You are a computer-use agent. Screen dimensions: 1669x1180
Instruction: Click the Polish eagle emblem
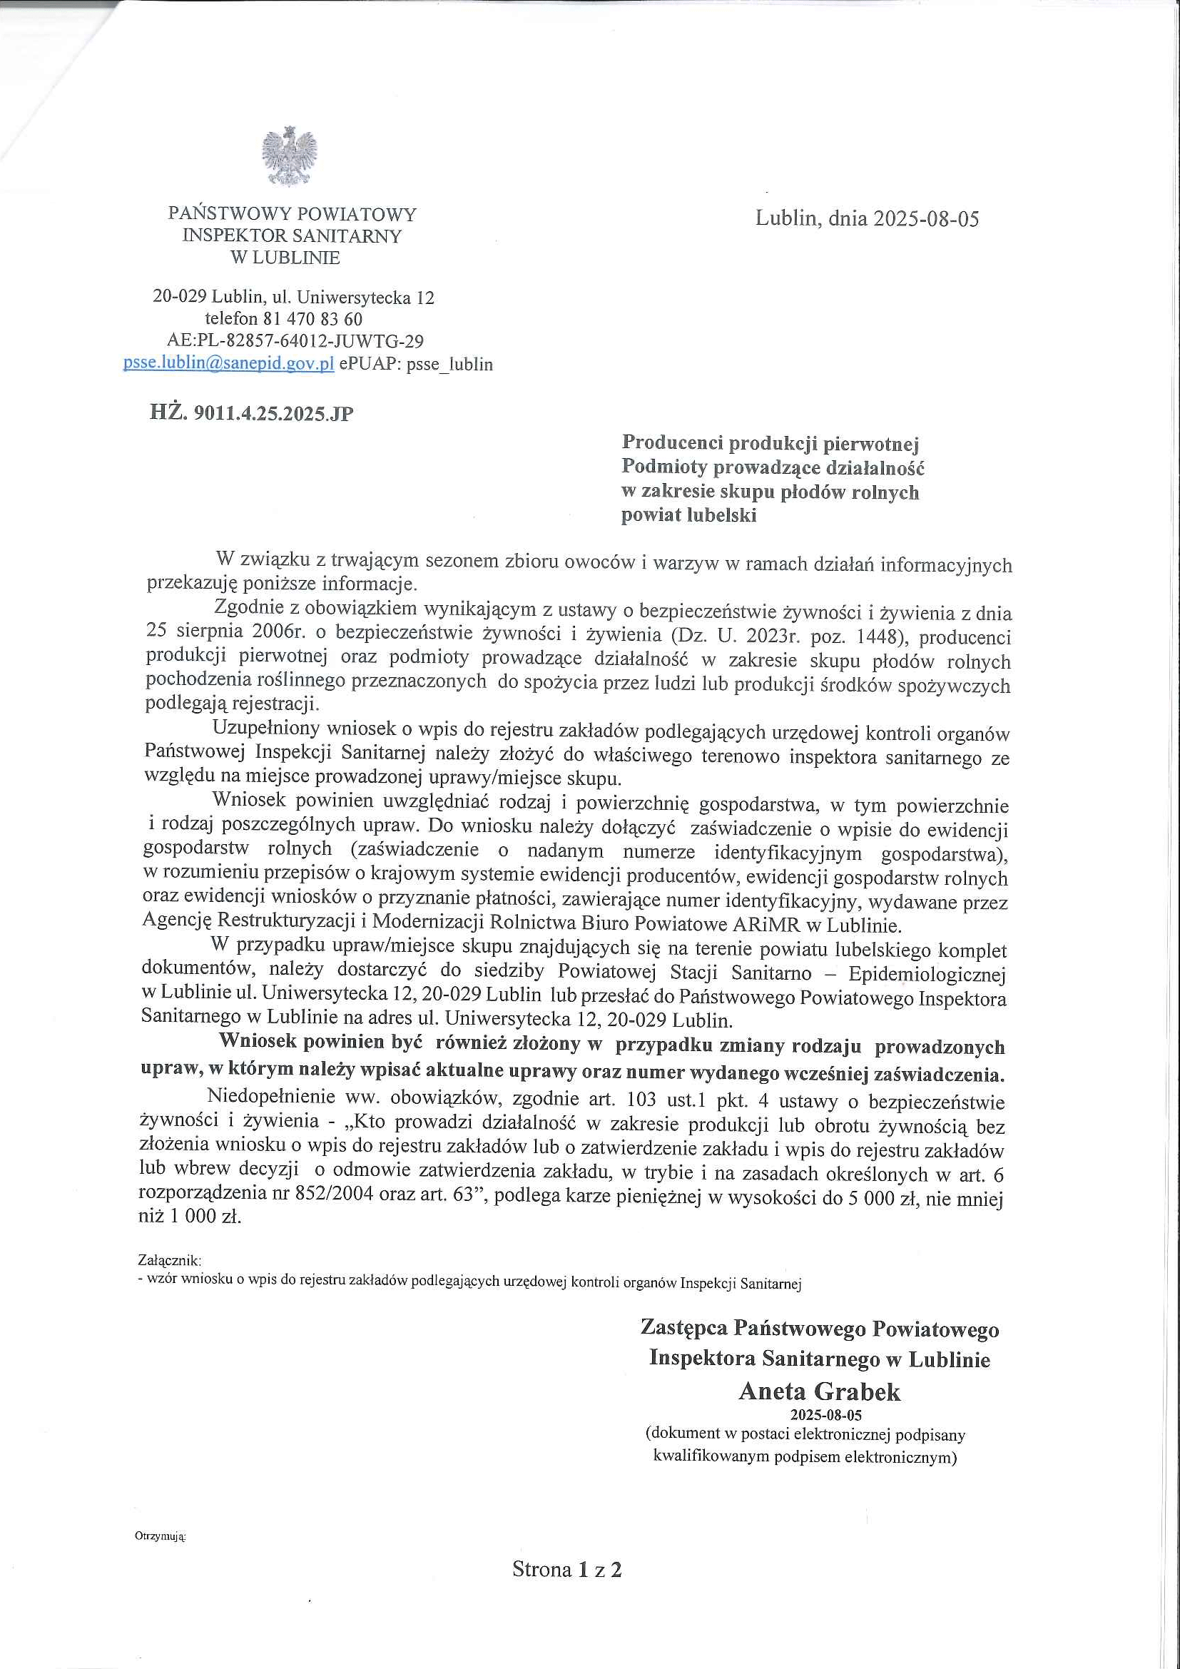tap(290, 156)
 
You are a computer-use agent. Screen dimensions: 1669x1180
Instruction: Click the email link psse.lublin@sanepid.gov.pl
tap(228, 363)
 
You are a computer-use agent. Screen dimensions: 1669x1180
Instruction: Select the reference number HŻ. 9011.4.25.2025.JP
tap(251, 414)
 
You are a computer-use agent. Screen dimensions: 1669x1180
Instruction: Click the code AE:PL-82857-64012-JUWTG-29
tap(295, 341)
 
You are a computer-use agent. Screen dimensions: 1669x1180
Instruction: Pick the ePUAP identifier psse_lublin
tap(449, 364)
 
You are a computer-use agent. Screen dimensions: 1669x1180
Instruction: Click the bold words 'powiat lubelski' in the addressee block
tap(689, 515)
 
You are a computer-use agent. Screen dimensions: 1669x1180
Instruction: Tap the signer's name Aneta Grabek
tap(819, 1391)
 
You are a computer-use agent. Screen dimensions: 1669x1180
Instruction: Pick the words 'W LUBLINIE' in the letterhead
tap(285, 258)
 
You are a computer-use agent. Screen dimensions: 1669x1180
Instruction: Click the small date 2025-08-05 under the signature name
tap(819, 1414)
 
